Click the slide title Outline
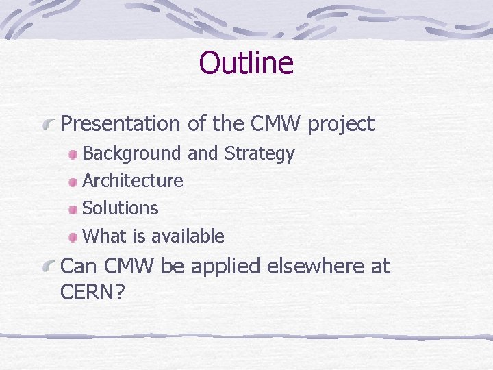coord(246,63)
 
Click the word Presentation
coord(120,124)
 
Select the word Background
coord(132,154)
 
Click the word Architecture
coord(133,181)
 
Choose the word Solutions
coord(121,208)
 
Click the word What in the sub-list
coord(104,236)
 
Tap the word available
coord(188,236)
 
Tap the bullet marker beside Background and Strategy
coord(73,156)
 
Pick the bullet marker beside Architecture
coord(73,182)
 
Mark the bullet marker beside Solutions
coord(73,210)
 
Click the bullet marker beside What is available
coord(73,238)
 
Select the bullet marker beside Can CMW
coord(48,267)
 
